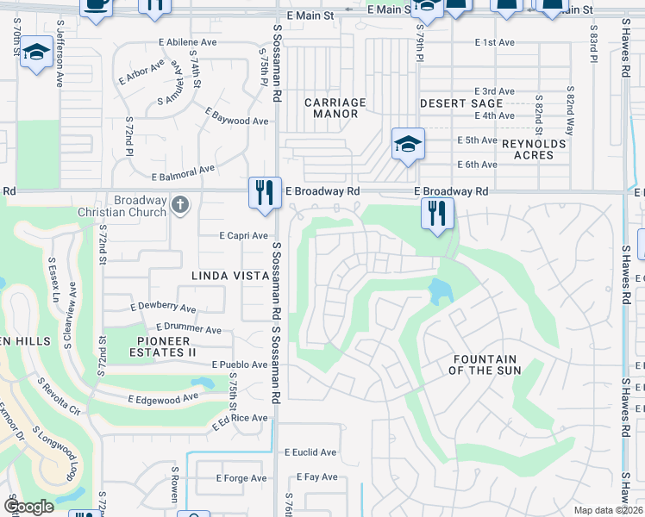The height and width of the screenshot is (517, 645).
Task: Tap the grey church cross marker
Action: pos(179,205)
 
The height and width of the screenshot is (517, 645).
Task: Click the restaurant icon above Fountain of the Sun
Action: pos(437,212)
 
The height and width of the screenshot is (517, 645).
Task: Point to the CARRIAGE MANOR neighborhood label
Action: pos(335,108)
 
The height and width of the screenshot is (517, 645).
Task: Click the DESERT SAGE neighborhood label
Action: pos(461,103)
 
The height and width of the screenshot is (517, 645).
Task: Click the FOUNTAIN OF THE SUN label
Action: pos(485,364)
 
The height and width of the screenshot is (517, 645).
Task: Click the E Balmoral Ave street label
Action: pos(183,173)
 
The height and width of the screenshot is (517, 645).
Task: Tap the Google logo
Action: pos(29,507)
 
